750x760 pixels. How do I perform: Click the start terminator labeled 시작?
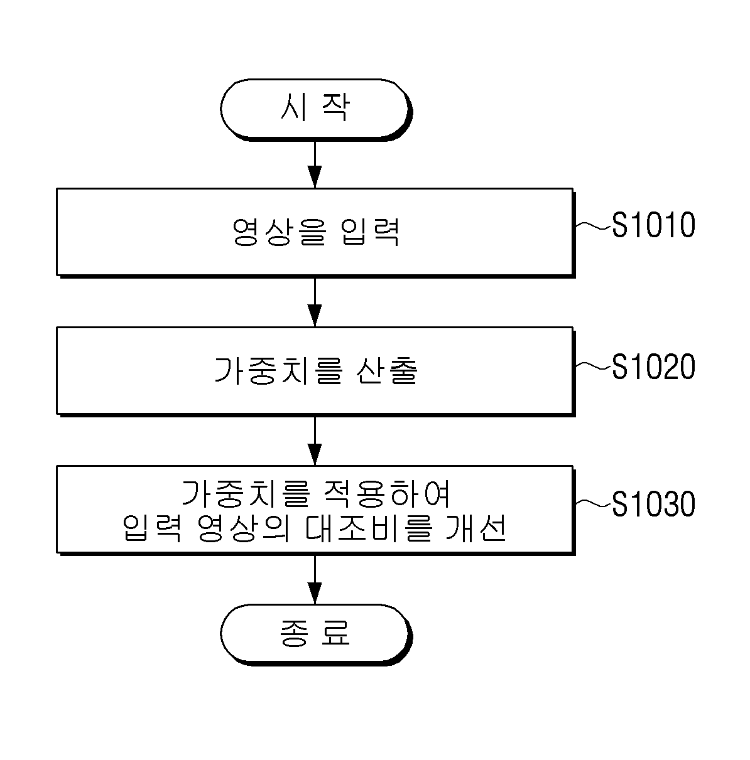pos(316,109)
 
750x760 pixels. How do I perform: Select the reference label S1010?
pos(654,225)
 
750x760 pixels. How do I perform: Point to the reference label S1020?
pos(654,366)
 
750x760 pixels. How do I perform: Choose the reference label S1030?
pos(654,503)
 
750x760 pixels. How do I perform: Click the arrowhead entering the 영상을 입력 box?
pos(315,177)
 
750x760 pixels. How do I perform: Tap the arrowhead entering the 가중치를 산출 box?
pos(315,316)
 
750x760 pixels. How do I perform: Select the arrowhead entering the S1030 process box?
pos(315,454)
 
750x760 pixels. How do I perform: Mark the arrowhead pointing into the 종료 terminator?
pos(315,593)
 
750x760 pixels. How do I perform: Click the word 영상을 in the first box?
pos(280,232)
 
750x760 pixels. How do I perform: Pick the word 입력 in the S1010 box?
pos(370,232)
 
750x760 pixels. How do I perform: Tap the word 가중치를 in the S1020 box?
pos(278,371)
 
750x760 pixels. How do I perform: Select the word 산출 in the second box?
pos(387,371)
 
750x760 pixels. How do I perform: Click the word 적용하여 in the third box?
pos(386,494)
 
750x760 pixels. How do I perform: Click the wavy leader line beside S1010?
pos(592,225)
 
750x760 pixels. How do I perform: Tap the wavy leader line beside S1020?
pos(592,367)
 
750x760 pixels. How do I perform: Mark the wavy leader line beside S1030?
pos(592,504)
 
